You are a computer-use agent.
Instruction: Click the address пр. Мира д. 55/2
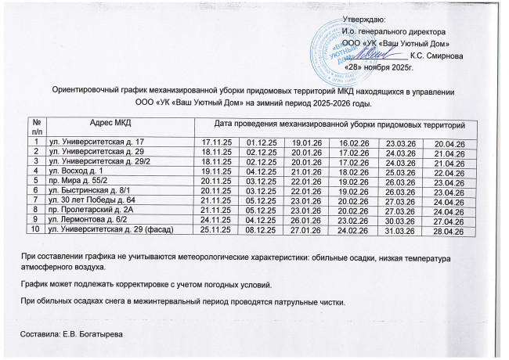[x=78, y=180]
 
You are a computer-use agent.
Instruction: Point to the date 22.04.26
[x=444, y=171]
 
